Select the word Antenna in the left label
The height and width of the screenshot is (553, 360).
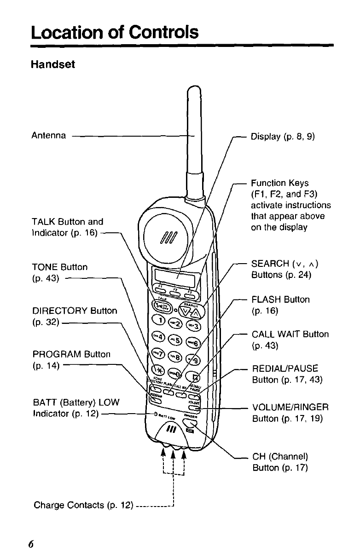pos(48,136)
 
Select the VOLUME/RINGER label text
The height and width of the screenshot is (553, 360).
pos(290,408)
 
